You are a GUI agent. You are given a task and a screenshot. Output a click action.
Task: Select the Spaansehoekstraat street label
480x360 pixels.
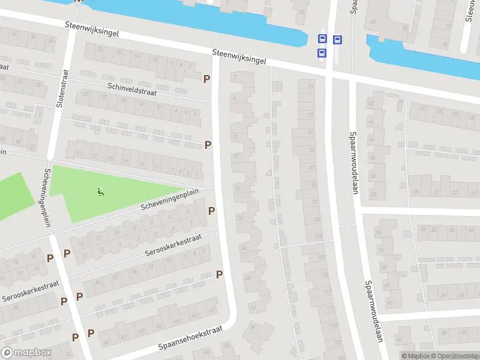pos(190,338)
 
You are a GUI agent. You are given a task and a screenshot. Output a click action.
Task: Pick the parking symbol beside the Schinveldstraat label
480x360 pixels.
pos(207,79)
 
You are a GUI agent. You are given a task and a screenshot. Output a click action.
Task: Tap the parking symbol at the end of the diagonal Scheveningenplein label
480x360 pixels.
pos(211,211)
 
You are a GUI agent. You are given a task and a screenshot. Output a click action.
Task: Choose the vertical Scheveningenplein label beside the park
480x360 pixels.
pos(46,197)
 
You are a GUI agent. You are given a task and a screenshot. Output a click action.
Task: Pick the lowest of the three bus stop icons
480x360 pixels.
pos(322,53)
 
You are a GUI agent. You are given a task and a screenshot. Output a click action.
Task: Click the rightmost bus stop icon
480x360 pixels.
pos(337,40)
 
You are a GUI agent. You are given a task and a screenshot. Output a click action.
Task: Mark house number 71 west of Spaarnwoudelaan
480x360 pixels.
pos(310,87)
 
